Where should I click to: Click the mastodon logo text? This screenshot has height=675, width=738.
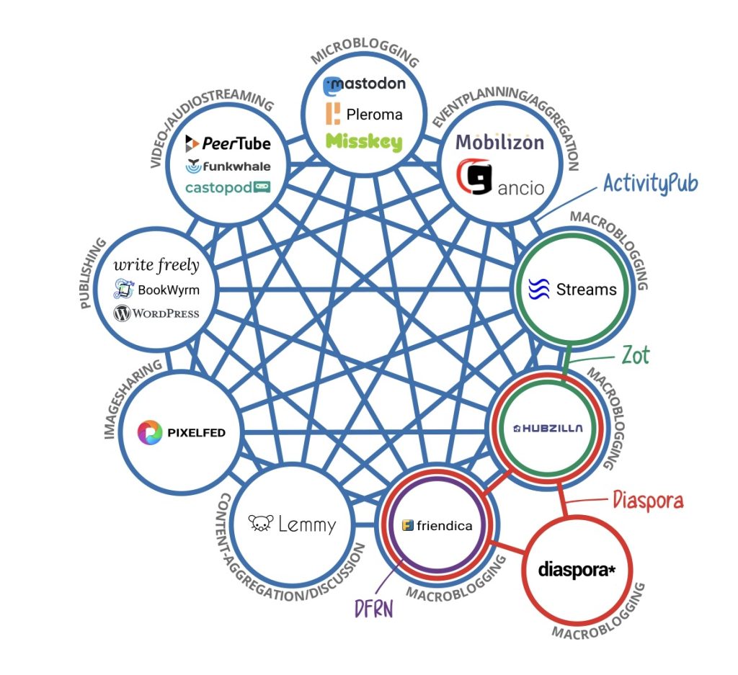[364, 84]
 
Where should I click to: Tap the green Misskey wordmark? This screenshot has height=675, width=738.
[364, 142]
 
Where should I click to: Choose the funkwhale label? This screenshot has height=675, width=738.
[228, 166]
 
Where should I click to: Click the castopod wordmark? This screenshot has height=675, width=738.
[228, 187]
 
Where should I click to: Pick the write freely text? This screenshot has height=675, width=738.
[156, 265]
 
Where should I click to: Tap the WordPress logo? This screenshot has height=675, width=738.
[156, 314]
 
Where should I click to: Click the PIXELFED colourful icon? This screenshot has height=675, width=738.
[150, 432]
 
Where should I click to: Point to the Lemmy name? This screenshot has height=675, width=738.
[292, 524]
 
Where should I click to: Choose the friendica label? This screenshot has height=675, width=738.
[437, 525]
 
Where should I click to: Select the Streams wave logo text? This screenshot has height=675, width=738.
[573, 290]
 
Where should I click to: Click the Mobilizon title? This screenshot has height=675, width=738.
[499, 142]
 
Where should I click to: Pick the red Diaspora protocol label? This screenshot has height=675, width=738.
[647, 500]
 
